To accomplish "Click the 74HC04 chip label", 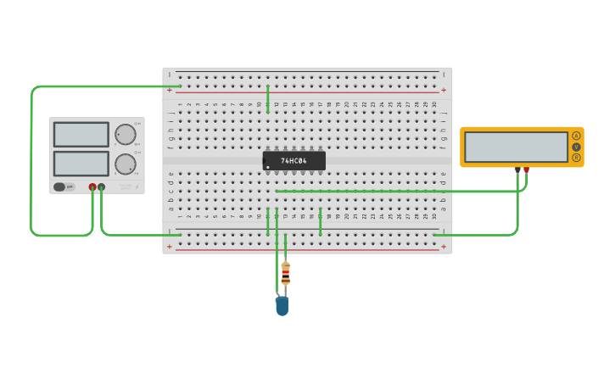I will point(294,160).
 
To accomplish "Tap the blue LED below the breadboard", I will point(282,306).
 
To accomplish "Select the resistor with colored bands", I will point(285,273).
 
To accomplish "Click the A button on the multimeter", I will point(576,136).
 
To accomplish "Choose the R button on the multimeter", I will point(576,158).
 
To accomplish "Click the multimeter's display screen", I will point(516,147).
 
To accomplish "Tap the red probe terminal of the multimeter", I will point(527,170).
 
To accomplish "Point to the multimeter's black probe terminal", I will point(517,170).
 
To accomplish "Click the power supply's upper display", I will point(81,134).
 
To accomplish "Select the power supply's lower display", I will point(81,163).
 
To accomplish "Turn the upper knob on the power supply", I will point(125,134).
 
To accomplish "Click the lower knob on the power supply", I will point(125,164).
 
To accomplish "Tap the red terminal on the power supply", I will point(92,186).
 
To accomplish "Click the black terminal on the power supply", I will point(102,186).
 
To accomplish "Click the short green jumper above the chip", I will point(267,98).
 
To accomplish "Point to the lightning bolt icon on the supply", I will point(136,186).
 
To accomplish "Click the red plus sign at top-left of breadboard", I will point(170,90).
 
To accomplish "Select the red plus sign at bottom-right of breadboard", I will point(444,247).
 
